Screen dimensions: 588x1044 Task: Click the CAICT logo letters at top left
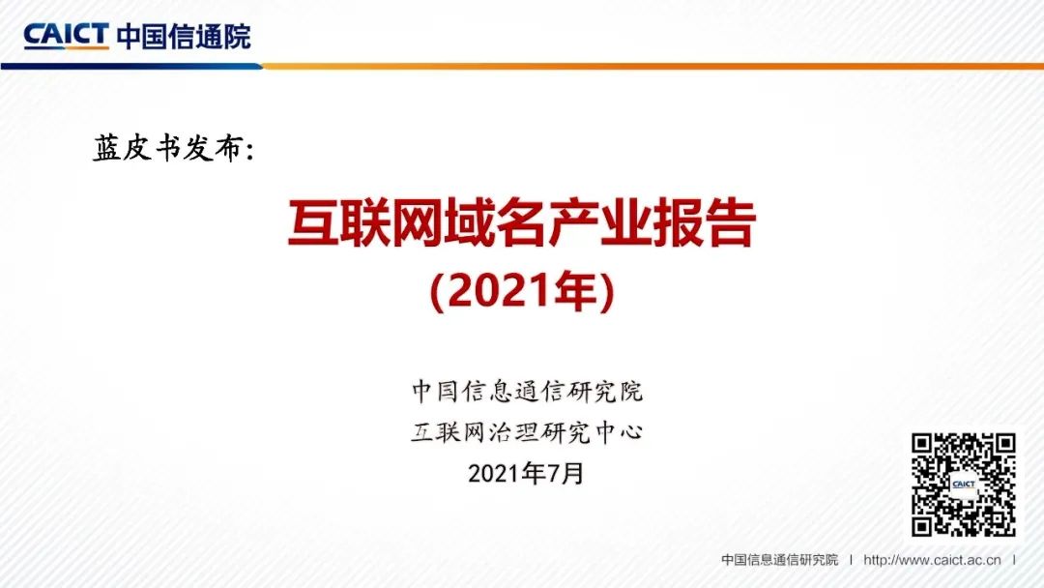66,36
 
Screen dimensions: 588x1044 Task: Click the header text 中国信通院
183,36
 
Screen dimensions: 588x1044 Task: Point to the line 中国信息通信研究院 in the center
527,392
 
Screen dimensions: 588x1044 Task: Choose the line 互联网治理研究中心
527,432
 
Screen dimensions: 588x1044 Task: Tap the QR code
963,484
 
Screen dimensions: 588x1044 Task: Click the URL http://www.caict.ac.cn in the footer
932,560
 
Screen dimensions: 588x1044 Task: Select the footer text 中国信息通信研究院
779,560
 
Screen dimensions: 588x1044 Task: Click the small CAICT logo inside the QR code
963,485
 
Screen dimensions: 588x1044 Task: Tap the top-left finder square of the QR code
925,446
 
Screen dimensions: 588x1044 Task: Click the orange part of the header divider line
677,66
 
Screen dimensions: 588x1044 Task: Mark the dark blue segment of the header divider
126,66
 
